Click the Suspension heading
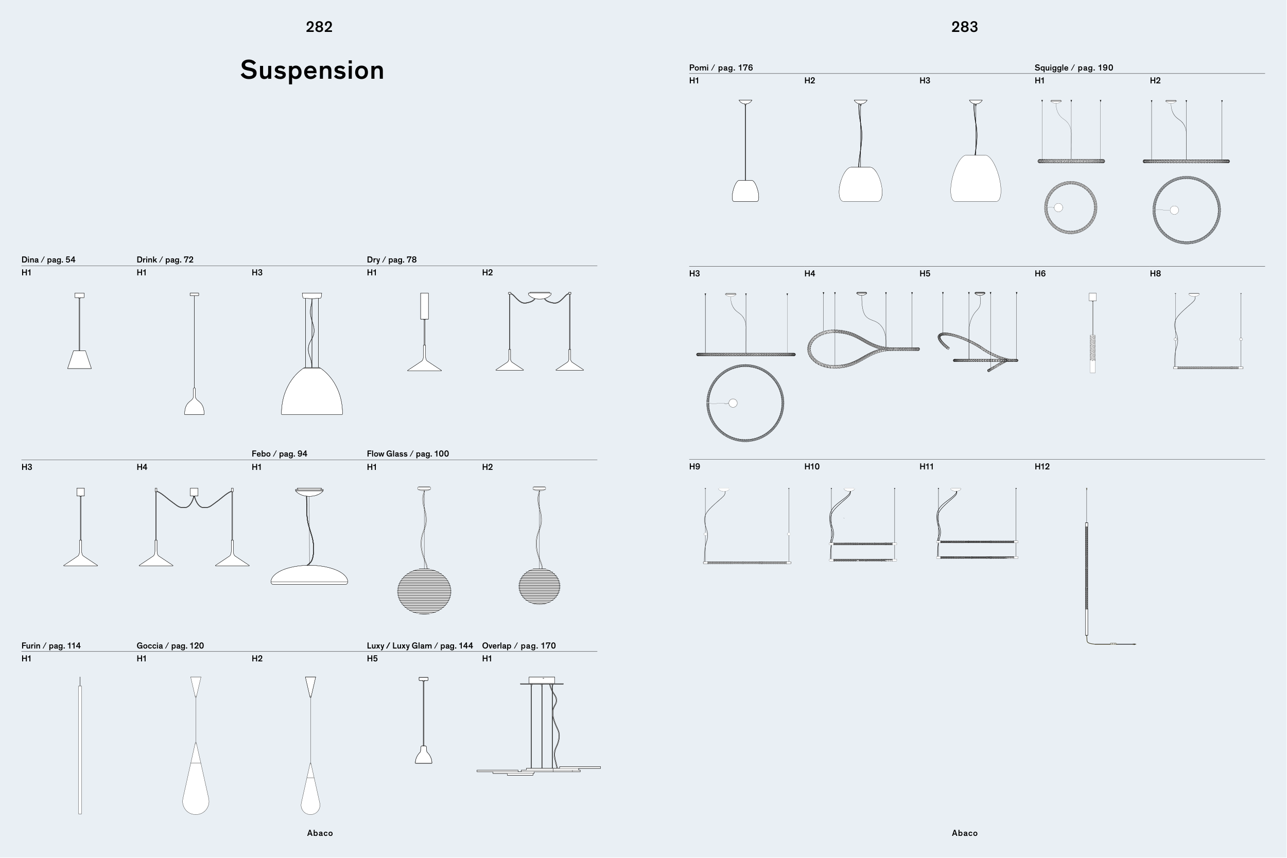coord(312,71)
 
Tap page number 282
coord(319,27)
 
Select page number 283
coord(964,27)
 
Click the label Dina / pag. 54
coord(48,259)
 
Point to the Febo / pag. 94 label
coord(279,453)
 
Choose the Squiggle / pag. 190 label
coord(1073,68)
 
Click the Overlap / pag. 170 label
coord(518,646)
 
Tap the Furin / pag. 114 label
coord(51,646)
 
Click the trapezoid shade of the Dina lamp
coord(79,360)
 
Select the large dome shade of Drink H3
coord(312,393)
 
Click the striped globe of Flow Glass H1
coord(424,591)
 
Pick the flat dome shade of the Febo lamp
coord(309,574)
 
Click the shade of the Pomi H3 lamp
coord(976,179)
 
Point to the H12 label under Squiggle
coord(1042,467)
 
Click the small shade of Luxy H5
coord(424,756)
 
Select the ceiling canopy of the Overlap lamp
coord(542,680)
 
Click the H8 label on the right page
coord(1155,274)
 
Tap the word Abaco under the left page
coord(320,833)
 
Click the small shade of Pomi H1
coord(745,191)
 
